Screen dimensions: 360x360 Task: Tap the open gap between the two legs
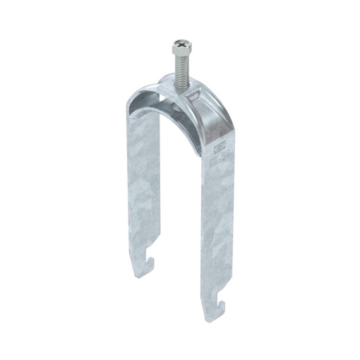coord(176,212)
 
